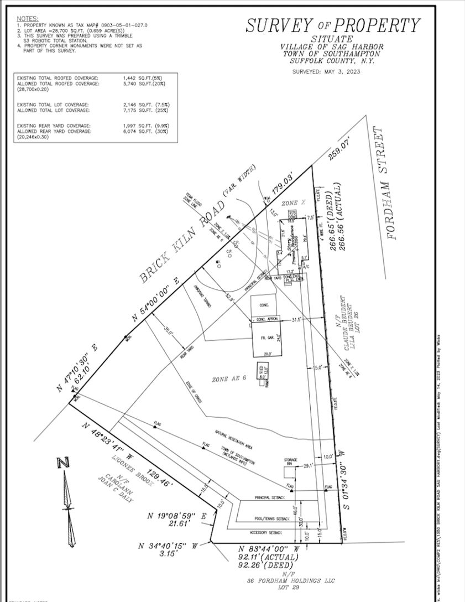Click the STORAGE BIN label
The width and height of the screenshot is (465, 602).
pyautogui.click(x=291, y=462)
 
